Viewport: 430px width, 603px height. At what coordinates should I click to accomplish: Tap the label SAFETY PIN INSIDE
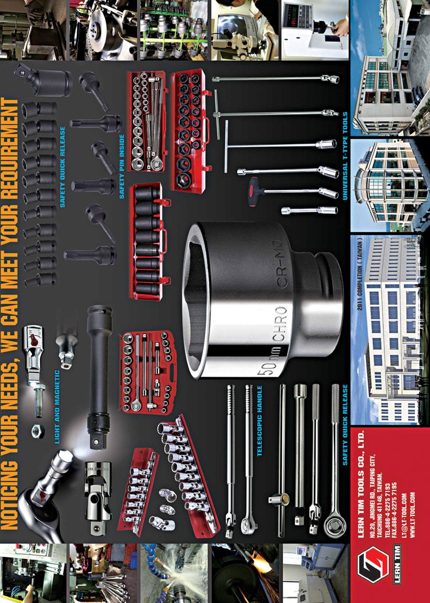[x=122, y=167]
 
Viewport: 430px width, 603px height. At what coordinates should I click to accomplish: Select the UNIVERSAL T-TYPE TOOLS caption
[x=345, y=156]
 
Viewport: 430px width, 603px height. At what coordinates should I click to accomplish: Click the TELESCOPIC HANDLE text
[x=259, y=421]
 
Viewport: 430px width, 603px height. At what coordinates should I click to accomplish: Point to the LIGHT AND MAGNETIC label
[x=58, y=407]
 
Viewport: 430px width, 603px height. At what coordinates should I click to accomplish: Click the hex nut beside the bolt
[x=38, y=431]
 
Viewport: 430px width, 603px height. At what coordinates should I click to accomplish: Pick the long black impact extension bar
[x=98, y=377]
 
